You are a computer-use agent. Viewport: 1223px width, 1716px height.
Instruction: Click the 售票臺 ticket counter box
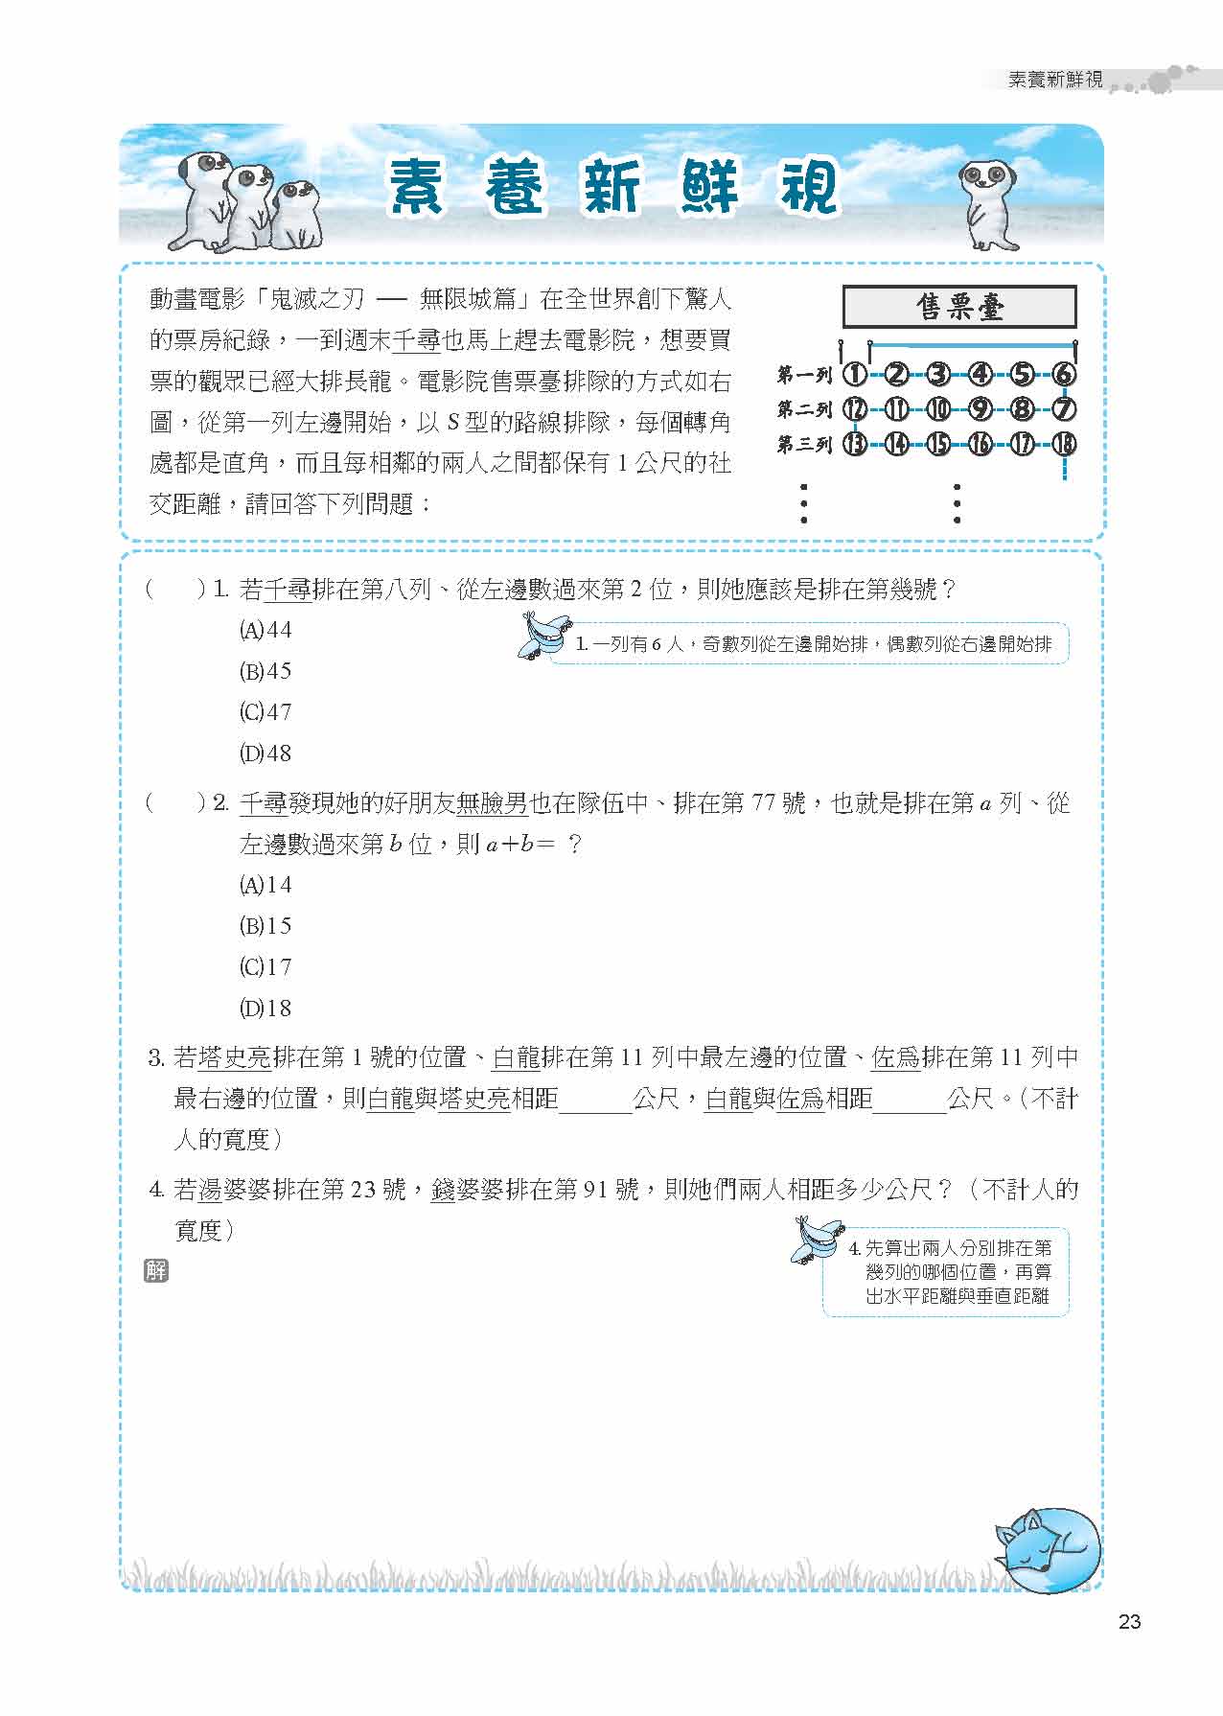click(959, 308)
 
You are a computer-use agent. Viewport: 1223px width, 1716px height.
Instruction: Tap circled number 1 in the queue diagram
click(854, 375)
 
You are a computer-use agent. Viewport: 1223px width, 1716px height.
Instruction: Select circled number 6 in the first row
click(1064, 375)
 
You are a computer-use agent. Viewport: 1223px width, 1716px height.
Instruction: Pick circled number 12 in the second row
click(854, 410)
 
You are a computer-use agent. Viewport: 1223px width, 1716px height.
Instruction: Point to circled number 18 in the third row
click(1064, 444)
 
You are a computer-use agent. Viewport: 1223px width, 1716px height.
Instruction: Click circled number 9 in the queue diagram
click(981, 410)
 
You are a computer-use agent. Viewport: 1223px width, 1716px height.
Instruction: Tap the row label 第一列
click(804, 375)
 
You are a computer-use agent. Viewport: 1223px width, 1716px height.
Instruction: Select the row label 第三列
click(804, 444)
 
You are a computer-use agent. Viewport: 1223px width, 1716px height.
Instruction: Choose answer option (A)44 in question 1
click(265, 631)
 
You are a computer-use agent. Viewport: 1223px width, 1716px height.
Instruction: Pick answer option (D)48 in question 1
click(265, 754)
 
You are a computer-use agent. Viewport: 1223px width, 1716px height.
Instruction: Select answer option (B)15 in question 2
click(265, 926)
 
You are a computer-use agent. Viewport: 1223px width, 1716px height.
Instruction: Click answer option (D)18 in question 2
click(265, 1009)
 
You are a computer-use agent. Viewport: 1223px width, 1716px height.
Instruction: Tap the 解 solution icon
click(155, 1271)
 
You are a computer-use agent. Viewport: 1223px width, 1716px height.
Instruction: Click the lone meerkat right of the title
click(987, 201)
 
